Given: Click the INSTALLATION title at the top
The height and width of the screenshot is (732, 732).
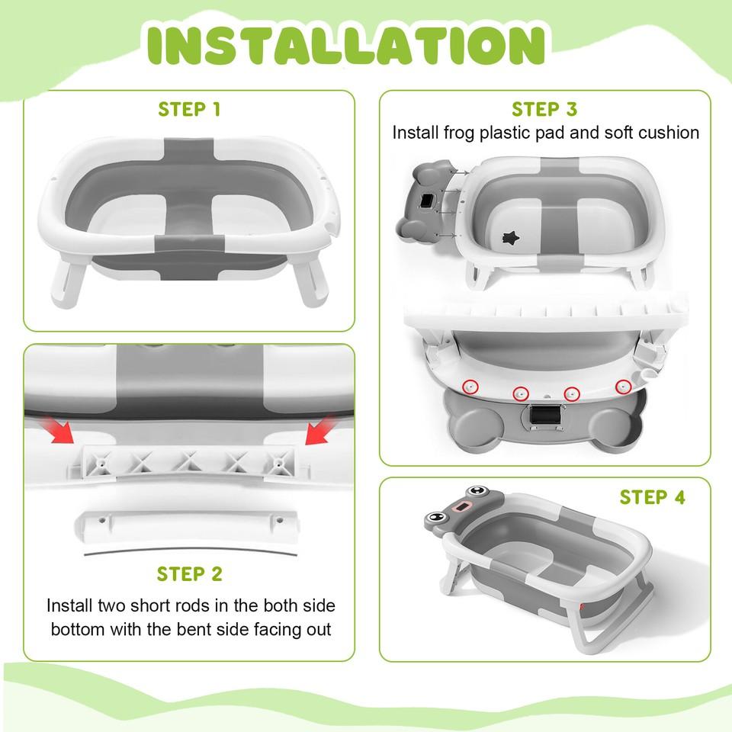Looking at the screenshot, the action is click(x=346, y=45).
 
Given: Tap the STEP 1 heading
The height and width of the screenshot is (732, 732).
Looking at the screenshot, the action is click(x=189, y=109).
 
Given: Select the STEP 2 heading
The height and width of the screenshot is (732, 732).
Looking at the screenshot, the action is click(x=190, y=574).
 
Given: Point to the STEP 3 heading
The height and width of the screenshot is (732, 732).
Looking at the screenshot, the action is click(x=544, y=109).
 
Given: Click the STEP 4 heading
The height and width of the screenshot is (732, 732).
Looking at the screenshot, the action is click(x=652, y=497).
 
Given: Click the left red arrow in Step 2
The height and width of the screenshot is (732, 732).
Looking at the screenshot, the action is click(x=58, y=430).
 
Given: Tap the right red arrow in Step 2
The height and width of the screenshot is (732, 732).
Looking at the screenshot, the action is click(x=320, y=430).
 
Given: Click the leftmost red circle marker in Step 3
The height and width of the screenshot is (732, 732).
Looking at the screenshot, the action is click(x=470, y=387).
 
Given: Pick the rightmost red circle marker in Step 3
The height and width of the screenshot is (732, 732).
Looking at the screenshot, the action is click(x=623, y=387).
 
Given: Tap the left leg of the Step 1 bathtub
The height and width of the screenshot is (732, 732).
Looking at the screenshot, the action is click(x=67, y=283).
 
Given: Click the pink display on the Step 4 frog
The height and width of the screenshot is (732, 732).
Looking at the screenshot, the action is click(x=463, y=506).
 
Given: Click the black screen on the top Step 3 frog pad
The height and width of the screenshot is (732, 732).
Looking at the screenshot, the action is click(x=427, y=201).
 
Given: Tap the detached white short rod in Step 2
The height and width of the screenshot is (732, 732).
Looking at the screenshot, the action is click(x=187, y=525).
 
